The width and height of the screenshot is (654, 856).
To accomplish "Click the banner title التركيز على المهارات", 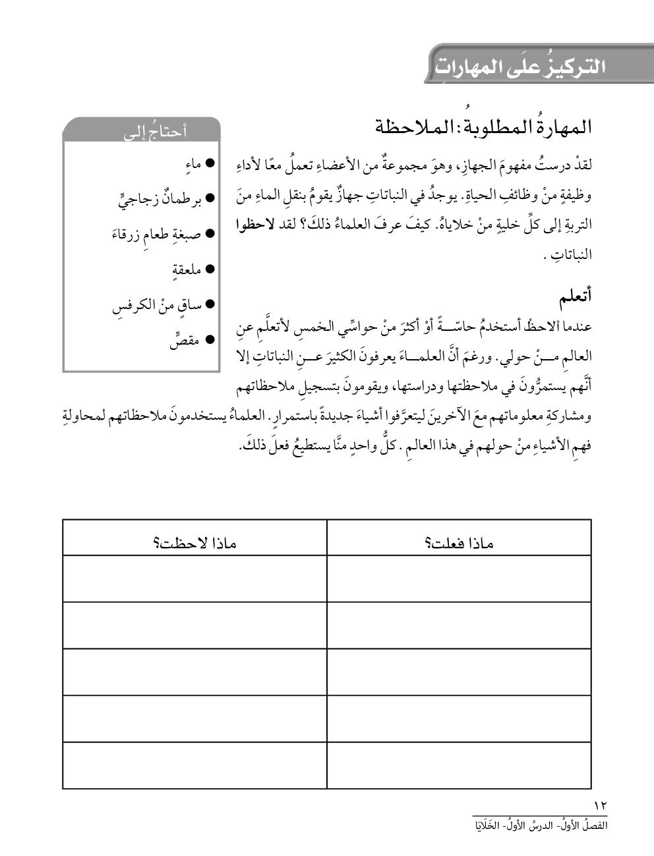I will pyautogui.click(x=520, y=66).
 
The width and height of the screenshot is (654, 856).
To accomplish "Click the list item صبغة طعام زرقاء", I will pyautogui.click(x=156, y=234).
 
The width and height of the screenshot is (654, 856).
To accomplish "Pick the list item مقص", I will pyautogui.click(x=184, y=341).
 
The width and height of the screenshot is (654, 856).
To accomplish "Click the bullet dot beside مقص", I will pyautogui.click(x=211, y=340).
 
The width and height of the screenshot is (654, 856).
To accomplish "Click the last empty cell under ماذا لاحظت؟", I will pyautogui.click(x=194, y=765).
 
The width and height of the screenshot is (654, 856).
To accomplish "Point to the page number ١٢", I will pyautogui.click(x=601, y=805).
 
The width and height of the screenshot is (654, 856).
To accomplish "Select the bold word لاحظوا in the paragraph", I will pyautogui.click(x=254, y=225).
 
